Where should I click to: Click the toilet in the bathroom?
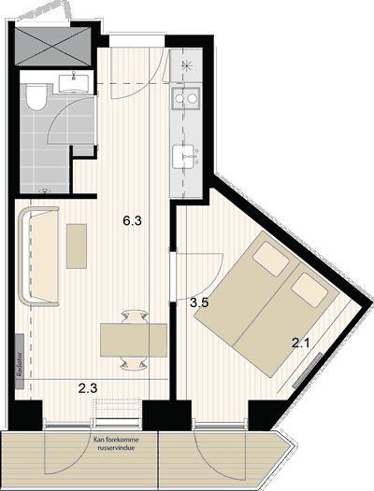coord(36,97)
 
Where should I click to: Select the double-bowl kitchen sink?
coord(185,98)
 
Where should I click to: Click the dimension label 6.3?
coord(132,221)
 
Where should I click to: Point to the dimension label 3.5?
coord(199,303)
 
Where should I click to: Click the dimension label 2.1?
coord(300,344)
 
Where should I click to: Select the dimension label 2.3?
coord(88,388)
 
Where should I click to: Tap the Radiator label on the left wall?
coord(20,361)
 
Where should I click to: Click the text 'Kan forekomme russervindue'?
coord(116,443)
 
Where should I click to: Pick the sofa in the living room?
coord(39,256)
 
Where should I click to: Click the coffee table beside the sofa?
coord(77,246)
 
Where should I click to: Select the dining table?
coord(134,340)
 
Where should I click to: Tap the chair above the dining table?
coord(135,316)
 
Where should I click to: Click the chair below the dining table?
coord(134,363)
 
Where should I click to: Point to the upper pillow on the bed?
coord(271,259)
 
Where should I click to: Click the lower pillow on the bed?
coord(309,290)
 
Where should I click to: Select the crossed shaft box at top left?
coord(53,47)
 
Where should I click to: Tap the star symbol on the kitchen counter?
coord(186,66)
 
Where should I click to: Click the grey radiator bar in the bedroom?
coord(308,371)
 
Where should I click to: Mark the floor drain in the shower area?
coord(45,190)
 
